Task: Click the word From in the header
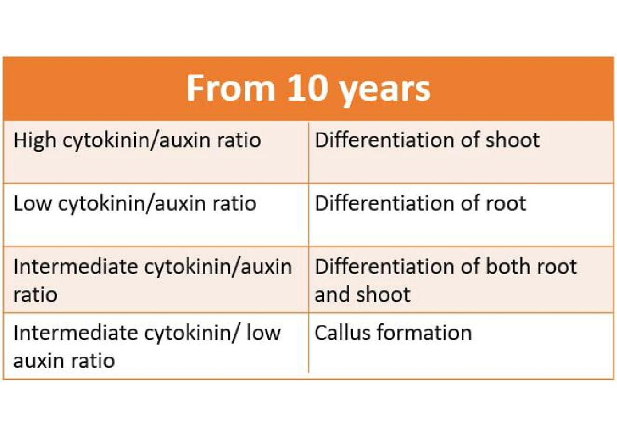click(x=231, y=88)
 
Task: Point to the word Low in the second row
click(x=32, y=203)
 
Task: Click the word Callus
click(x=342, y=332)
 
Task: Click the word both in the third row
click(x=507, y=266)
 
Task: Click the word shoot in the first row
click(x=512, y=140)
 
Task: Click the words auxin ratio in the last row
click(x=64, y=360)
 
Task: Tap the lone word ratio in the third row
click(x=35, y=294)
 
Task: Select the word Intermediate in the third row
click(x=76, y=266)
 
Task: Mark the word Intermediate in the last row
click(x=76, y=332)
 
